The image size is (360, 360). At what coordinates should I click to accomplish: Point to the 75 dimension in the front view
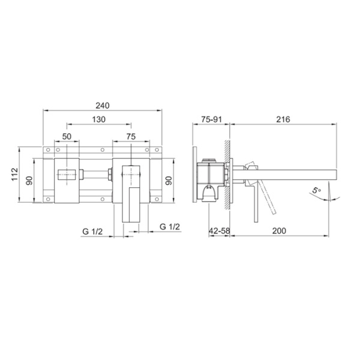130,136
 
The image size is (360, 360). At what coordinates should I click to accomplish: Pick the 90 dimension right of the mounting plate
169,181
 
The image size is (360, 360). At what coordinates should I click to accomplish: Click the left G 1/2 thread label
92,230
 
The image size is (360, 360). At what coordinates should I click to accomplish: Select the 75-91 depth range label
212,119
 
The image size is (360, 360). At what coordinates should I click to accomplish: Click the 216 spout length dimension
283,119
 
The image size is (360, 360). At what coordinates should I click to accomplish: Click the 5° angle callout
316,191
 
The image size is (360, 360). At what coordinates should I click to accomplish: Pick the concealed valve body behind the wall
209,177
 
